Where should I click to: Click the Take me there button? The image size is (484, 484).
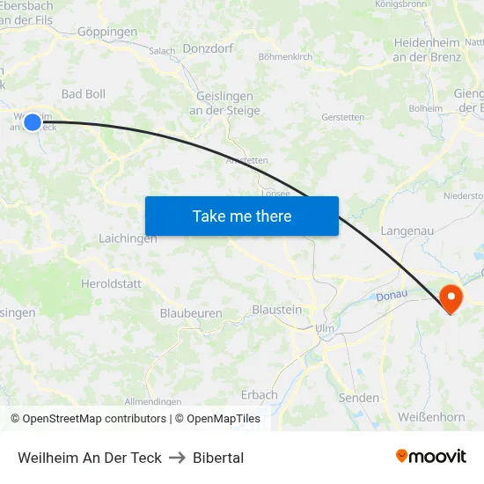click(x=242, y=216)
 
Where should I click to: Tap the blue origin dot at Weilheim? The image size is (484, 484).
click(x=33, y=122)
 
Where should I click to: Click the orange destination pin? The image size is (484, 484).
click(x=451, y=297)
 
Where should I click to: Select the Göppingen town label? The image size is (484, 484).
click(x=107, y=32)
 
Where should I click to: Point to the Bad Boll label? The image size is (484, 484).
click(x=84, y=93)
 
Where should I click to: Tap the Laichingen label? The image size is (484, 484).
click(x=128, y=238)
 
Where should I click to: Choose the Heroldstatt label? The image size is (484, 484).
click(x=110, y=283)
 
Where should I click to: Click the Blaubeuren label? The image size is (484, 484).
click(x=191, y=312)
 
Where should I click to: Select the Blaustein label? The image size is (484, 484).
click(x=276, y=310)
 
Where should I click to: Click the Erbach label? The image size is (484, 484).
click(x=259, y=395)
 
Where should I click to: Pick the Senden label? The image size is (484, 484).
click(x=359, y=398)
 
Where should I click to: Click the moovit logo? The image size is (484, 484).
click(x=431, y=457)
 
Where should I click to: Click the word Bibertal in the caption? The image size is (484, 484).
click(x=218, y=458)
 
